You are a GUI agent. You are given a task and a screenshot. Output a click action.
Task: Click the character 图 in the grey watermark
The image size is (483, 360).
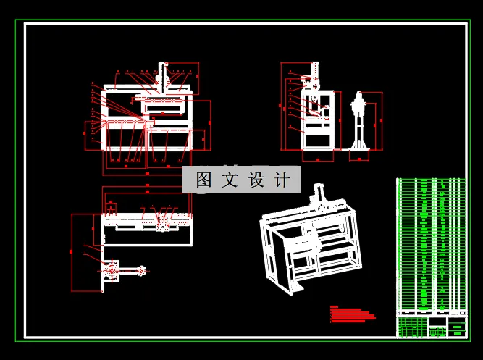[203, 180]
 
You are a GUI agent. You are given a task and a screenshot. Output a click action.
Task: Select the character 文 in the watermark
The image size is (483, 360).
[230, 180]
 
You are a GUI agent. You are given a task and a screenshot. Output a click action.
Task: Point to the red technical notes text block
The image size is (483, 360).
[352, 313]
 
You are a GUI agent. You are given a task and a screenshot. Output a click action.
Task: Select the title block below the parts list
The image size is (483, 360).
[430, 326]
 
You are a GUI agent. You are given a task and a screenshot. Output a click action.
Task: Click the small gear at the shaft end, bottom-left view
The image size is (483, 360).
[142, 272]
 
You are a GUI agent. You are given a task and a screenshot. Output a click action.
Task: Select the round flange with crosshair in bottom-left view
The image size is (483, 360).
[111, 272]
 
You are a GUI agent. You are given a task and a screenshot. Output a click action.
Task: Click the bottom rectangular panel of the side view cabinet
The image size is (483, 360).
[316, 140]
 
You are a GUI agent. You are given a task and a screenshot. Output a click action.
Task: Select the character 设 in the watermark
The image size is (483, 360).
[256, 180]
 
